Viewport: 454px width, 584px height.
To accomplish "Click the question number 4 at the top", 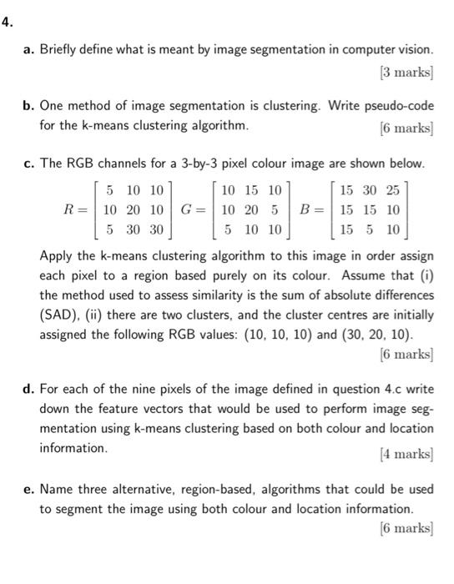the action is click(x=6, y=23).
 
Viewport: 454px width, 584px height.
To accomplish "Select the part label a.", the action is click(x=28, y=49).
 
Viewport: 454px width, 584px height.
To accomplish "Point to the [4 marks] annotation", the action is click(x=406, y=454).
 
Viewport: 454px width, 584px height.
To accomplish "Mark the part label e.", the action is click(x=28, y=489).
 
